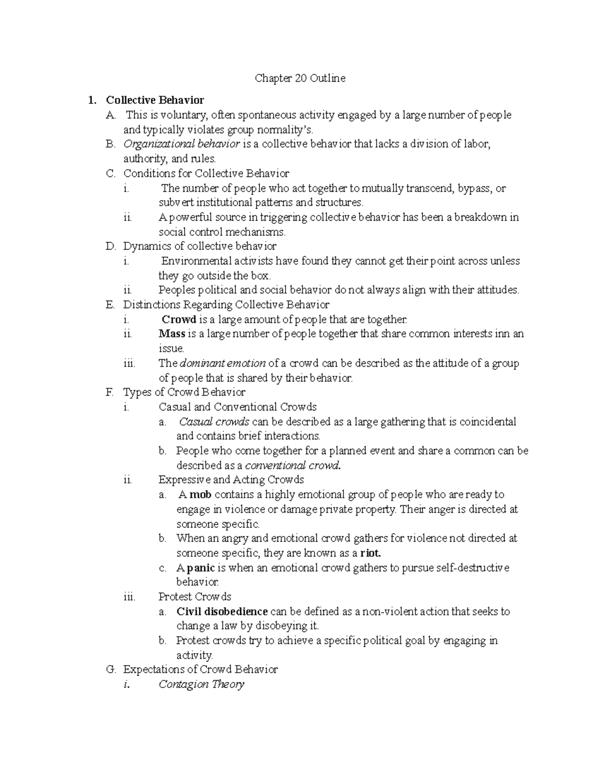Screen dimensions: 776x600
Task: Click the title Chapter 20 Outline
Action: tap(300, 78)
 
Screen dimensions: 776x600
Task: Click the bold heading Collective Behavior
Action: tap(155, 100)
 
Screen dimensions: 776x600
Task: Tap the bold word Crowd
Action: tap(179, 320)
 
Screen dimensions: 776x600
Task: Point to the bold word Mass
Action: tap(172, 334)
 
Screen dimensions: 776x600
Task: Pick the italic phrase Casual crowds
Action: tap(214, 422)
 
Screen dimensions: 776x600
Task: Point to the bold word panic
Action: tap(200, 568)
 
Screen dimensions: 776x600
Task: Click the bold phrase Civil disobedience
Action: tap(222, 612)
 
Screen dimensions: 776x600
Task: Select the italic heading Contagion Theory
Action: tap(201, 685)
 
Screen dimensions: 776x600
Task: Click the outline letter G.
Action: tap(110, 670)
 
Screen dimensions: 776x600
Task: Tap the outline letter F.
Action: tap(110, 392)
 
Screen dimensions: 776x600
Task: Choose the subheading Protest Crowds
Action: tap(194, 597)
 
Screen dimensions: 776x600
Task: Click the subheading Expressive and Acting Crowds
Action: tap(231, 480)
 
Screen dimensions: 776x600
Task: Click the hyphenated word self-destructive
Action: tap(468, 568)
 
